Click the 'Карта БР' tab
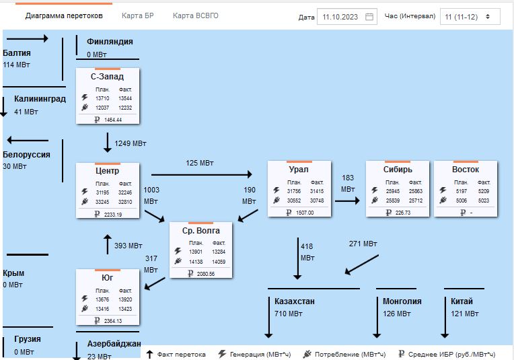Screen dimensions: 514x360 [x=138, y=15]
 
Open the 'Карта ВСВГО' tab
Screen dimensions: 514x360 [x=195, y=15]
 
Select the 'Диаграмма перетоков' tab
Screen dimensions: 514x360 [x=64, y=15]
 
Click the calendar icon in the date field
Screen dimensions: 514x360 [x=369, y=17]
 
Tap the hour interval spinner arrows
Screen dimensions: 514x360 [x=488, y=16]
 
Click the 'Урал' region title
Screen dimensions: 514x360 [x=299, y=170]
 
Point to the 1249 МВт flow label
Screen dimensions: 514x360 [x=131, y=143]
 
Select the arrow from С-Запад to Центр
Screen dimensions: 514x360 [x=108, y=142]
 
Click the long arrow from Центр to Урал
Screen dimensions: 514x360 [x=202, y=174]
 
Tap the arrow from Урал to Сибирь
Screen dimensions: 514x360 [x=347, y=201]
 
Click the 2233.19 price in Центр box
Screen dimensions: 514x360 [x=113, y=215]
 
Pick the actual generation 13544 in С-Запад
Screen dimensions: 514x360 [x=125, y=98]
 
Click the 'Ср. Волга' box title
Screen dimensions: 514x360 [x=201, y=231]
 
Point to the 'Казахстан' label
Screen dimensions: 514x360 [x=295, y=301]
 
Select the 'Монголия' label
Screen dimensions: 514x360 [x=402, y=301]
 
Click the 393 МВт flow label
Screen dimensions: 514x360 [x=128, y=246]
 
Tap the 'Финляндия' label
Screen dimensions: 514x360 [x=110, y=42]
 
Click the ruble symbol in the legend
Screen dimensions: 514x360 [x=401, y=354]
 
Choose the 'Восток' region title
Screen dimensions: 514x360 [x=466, y=170]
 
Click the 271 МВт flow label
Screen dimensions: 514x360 [x=363, y=244]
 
